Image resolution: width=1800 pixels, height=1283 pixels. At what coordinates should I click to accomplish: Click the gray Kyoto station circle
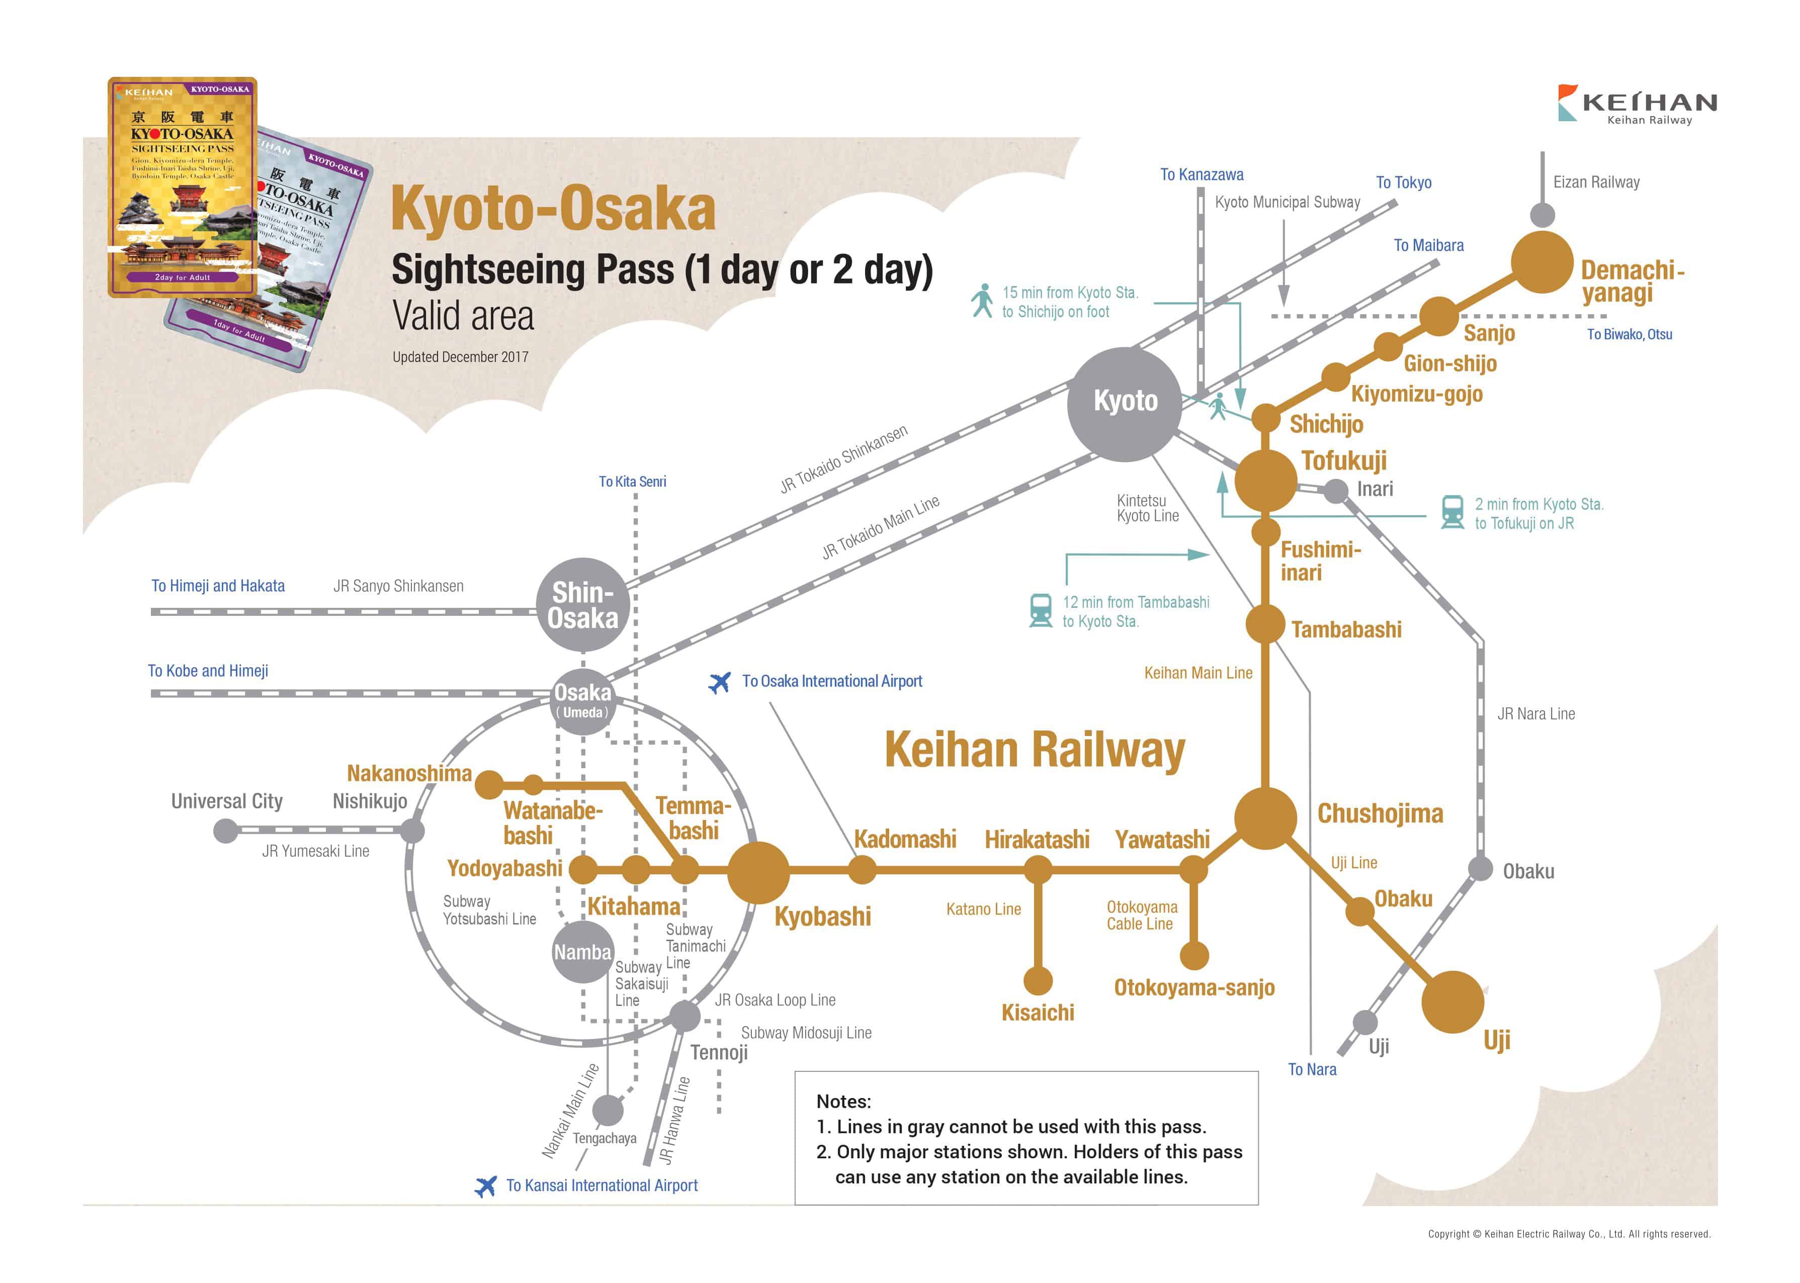pos(1125,404)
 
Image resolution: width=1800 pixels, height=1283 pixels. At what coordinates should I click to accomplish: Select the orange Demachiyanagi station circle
pos(1541,262)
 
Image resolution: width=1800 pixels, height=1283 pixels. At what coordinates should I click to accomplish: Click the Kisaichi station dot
pos(1038,980)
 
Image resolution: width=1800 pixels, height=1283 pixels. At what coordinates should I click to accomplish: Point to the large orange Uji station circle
pos(1452,1002)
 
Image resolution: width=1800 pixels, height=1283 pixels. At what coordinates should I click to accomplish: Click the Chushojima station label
pos(1380,813)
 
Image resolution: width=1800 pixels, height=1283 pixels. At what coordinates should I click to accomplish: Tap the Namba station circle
pos(582,952)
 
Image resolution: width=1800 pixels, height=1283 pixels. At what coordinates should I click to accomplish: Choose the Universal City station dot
pos(226,831)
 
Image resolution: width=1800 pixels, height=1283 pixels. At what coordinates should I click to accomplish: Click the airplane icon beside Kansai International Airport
pos(485,1186)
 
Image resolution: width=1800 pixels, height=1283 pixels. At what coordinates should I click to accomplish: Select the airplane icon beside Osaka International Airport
pos(719,682)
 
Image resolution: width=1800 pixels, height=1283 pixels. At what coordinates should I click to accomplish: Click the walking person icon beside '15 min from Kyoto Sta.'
pos(982,301)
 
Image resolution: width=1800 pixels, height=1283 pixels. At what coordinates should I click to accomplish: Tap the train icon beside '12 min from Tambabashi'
pos(1041,611)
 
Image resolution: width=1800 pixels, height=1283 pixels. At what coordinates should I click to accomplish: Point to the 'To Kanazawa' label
pos(1201,174)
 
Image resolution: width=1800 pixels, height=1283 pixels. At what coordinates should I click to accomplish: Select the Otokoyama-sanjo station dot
pos(1194,955)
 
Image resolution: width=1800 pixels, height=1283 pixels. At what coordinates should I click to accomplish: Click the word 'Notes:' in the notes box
pos(843,1102)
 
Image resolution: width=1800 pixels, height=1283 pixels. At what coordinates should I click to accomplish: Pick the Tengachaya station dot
pos(608,1110)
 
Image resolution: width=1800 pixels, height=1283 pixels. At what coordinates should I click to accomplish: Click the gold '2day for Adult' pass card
pos(183,187)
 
